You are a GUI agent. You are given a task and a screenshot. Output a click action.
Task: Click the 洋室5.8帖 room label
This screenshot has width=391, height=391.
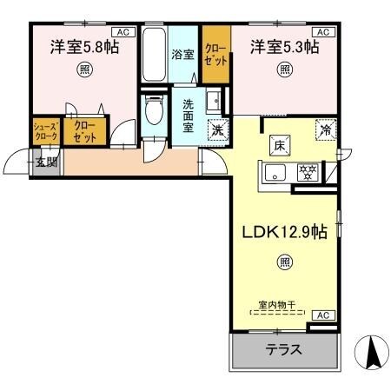(83, 47)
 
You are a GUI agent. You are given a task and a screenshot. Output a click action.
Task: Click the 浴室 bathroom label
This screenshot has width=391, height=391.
(182, 53)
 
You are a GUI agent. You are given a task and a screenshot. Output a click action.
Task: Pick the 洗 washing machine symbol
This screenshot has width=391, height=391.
(216, 129)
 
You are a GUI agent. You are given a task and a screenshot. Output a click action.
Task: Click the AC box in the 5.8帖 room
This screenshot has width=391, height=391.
(123, 32)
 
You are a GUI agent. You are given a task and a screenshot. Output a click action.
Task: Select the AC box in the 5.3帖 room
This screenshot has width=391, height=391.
(322, 32)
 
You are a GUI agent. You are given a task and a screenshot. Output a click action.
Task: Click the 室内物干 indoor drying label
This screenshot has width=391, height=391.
(277, 305)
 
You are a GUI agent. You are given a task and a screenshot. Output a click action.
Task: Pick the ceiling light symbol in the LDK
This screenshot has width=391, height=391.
(284, 261)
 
